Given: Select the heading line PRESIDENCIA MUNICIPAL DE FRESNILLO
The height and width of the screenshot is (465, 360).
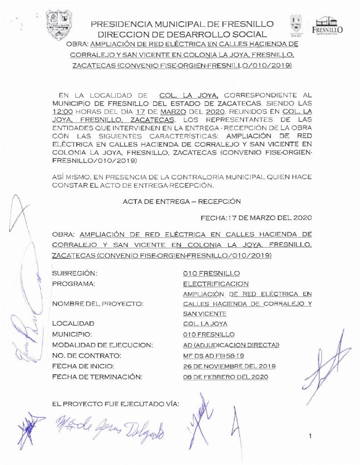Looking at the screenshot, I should [182, 24].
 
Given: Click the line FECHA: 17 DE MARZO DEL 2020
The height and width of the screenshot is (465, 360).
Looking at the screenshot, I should [256, 218].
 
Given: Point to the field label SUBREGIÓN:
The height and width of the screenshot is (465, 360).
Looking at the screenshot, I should [75, 273].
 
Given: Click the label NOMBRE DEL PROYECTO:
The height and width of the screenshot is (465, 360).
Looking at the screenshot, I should [98, 304].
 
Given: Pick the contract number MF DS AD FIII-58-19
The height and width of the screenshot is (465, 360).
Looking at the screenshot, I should [217, 356].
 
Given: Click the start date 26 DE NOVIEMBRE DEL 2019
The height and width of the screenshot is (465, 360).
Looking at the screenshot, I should [229, 366].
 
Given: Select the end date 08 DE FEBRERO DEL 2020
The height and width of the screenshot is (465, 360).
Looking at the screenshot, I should [225, 377].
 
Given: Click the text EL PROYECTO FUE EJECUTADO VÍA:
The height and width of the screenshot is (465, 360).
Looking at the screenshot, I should [115, 403].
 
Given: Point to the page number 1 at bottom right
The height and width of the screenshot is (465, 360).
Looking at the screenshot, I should [310, 437].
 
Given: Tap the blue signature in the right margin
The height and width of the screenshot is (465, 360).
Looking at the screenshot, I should [326, 363].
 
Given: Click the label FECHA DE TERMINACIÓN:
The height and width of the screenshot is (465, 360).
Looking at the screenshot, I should [98, 377].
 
